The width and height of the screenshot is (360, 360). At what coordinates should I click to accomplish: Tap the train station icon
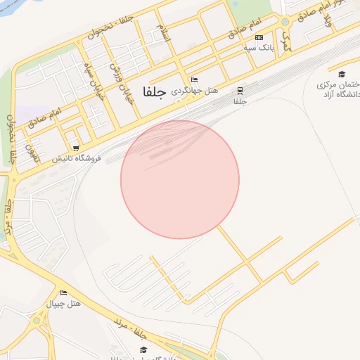(x=240, y=91)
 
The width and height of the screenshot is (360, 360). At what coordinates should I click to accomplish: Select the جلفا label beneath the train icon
(x=240, y=101)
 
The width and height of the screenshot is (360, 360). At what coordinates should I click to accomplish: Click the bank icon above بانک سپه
(x=259, y=37)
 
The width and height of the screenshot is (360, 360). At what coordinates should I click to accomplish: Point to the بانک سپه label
(x=258, y=48)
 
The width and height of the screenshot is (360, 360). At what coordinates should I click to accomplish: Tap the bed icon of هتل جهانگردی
(x=194, y=80)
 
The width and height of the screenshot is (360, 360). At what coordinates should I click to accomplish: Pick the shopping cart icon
(x=76, y=148)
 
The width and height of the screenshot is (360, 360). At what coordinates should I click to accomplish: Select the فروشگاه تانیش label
(x=77, y=158)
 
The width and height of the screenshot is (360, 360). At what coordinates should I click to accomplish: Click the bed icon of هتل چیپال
(x=64, y=292)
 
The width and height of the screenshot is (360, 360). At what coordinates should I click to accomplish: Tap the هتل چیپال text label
(x=64, y=304)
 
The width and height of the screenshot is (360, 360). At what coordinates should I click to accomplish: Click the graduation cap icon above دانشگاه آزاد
(x=342, y=75)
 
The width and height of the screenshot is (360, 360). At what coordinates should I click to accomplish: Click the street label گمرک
(x=283, y=43)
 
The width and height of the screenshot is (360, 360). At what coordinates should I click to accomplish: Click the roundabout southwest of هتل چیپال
(x=37, y=321)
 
